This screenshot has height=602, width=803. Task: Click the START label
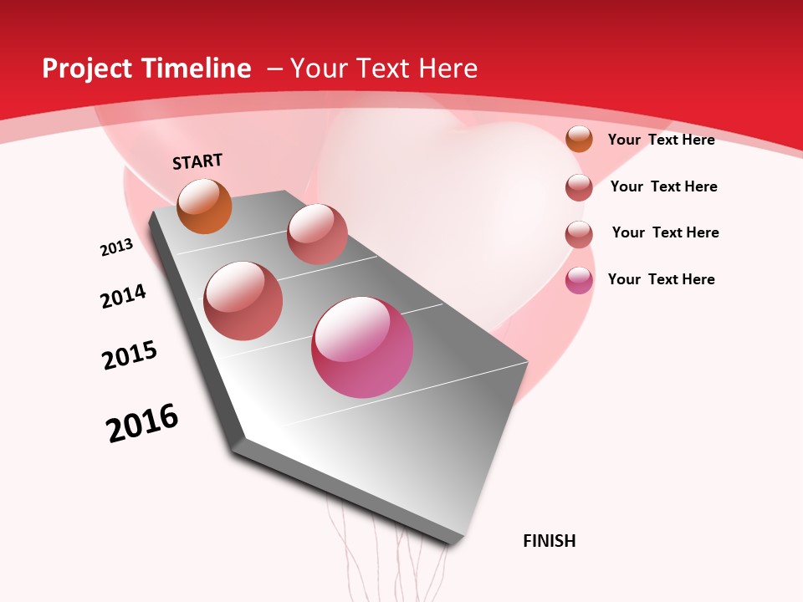197,161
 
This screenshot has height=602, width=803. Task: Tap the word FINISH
549,541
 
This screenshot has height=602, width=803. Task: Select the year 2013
117,247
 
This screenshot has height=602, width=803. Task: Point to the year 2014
123,296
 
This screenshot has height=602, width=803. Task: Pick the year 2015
130,355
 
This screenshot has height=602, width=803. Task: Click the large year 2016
142,423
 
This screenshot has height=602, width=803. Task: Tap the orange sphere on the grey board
204,206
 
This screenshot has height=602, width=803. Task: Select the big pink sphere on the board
362,347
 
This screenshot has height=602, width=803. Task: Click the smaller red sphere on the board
317,233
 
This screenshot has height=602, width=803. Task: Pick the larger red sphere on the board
243,301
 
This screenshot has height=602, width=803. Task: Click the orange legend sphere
579,139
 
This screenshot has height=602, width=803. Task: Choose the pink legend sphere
579,280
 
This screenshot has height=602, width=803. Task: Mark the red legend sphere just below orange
579,186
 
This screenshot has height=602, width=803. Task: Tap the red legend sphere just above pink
579,233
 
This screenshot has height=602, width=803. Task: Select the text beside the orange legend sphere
661,140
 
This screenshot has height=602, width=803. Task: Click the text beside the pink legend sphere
661,279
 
